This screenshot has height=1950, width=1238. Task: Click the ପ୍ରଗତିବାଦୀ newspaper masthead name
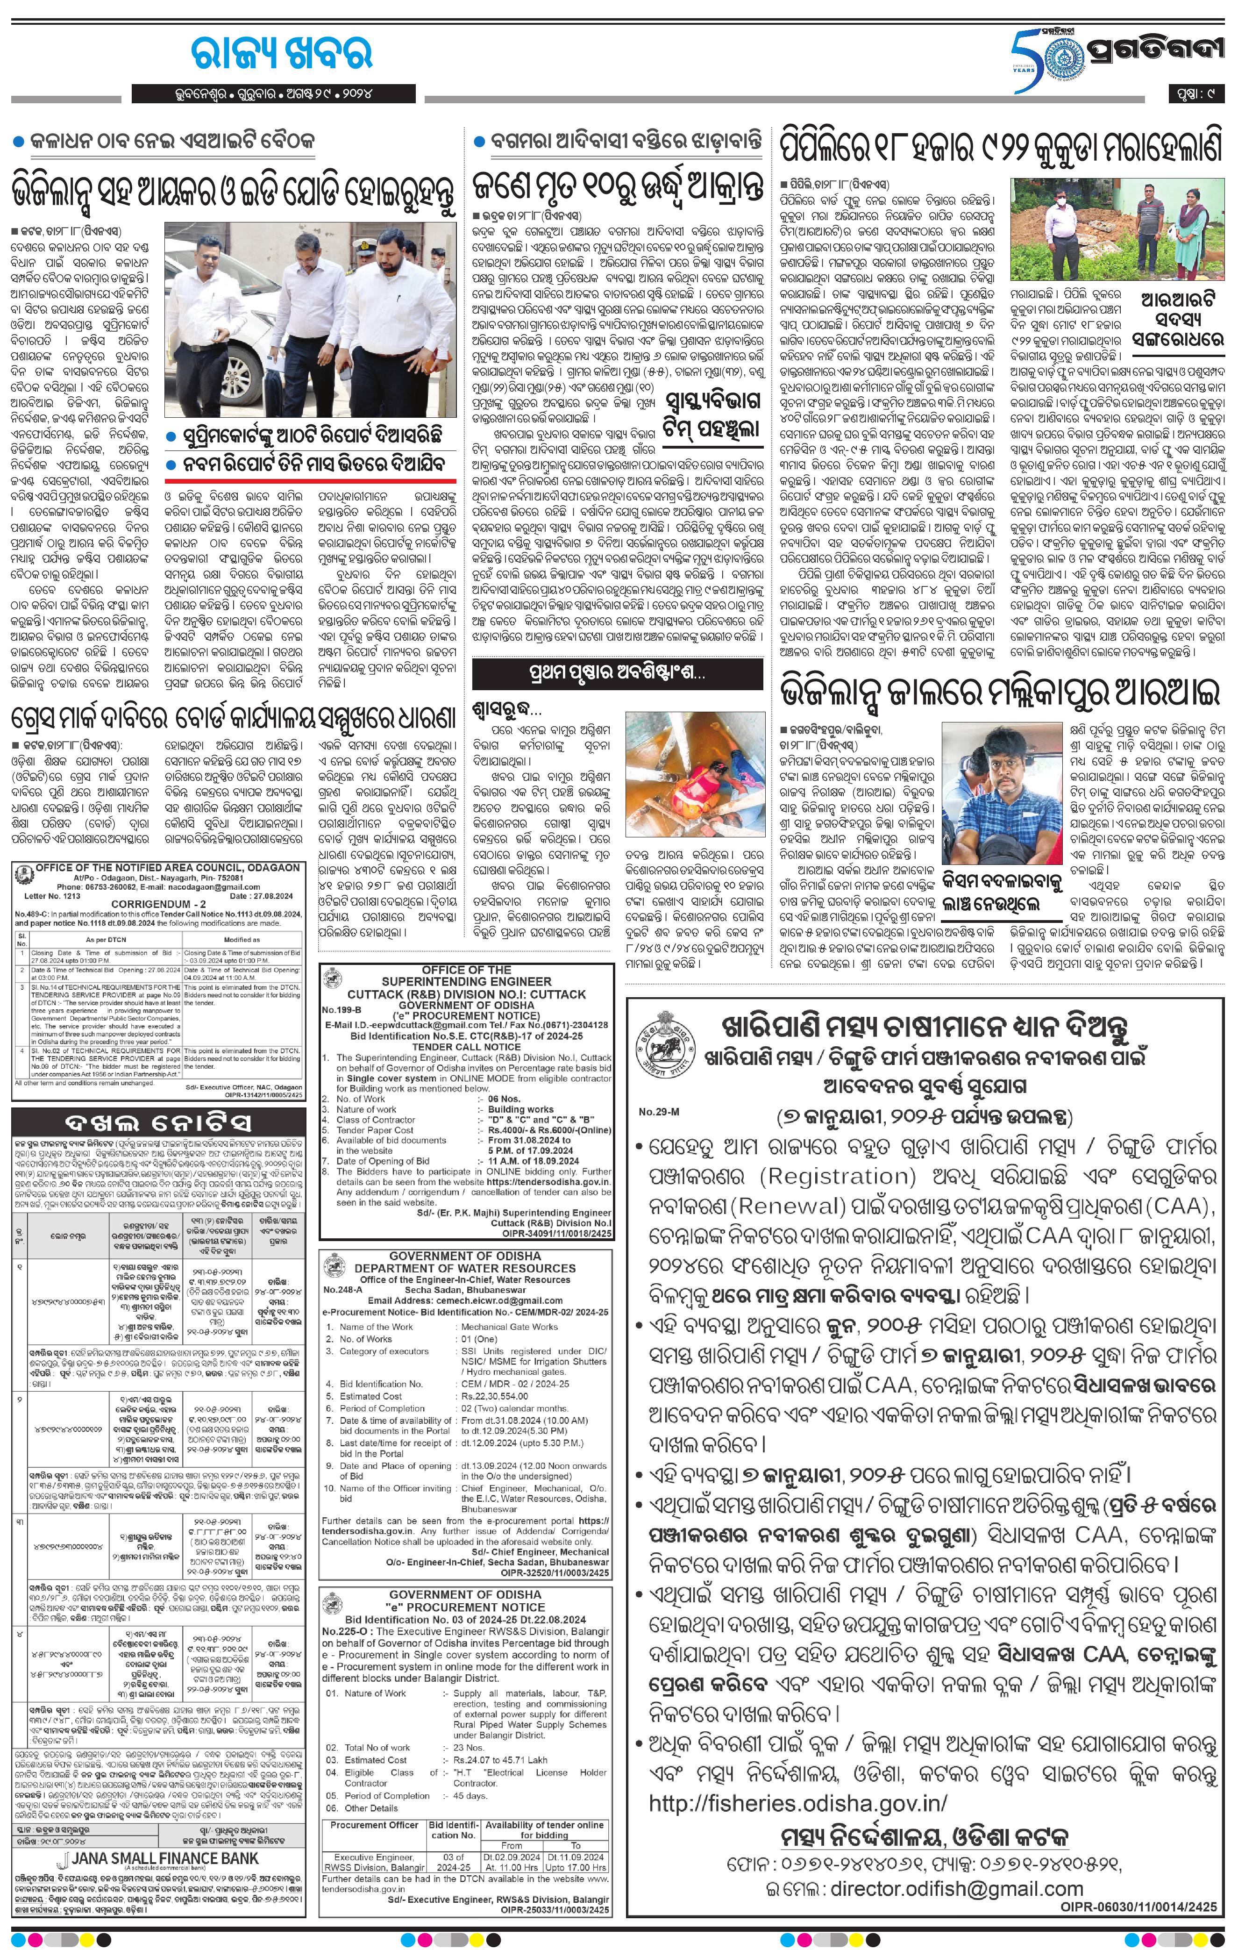tap(1150, 53)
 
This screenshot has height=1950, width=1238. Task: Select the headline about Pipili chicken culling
tap(1001, 150)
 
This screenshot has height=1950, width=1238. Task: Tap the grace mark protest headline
tap(233, 717)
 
